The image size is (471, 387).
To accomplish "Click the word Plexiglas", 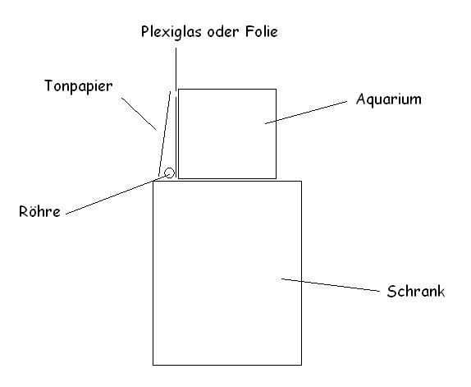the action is [171, 32].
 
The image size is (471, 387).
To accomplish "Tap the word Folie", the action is [261, 31].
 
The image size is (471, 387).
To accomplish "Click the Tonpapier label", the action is [79, 87].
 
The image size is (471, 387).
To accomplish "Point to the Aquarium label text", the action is [389, 99].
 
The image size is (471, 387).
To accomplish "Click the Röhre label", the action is [39, 211].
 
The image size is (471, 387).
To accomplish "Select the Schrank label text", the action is [416, 291].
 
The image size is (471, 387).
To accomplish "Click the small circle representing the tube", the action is [169, 173].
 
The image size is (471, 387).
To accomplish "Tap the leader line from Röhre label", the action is [117, 194].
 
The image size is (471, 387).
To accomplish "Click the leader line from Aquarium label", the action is [306, 113].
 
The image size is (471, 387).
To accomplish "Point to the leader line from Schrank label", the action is [331, 285].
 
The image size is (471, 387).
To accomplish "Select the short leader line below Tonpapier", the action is [139, 113].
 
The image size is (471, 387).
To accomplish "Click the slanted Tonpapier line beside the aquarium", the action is [164, 134].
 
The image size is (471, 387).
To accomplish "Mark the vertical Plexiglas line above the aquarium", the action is [176, 113].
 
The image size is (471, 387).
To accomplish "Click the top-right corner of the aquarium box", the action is [276, 89].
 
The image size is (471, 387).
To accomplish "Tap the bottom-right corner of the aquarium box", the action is [276, 178].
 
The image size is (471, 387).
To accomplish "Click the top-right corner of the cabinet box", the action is [302, 181].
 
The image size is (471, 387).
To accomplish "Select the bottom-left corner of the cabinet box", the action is [153, 366].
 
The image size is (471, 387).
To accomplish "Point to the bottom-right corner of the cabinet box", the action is [302, 366].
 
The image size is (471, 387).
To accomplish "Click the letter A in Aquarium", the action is [361, 99].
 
